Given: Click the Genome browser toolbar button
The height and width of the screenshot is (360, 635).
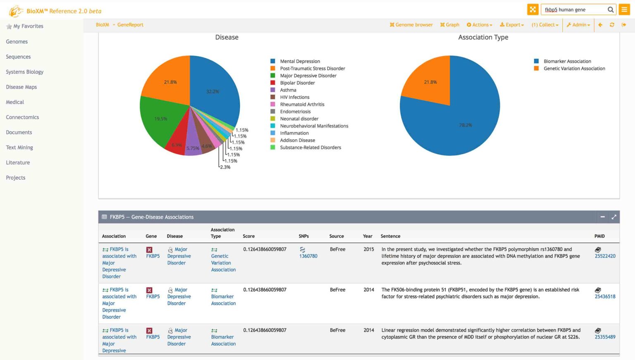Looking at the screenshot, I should coord(411,25).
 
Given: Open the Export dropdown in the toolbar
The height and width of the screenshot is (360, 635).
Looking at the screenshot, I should coord(512,25).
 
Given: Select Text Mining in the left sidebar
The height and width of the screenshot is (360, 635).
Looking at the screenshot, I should coord(19,148).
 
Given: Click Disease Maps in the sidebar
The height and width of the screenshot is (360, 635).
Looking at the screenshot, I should coord(21,87).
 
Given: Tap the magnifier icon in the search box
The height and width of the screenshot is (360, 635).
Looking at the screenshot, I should coord(610,10).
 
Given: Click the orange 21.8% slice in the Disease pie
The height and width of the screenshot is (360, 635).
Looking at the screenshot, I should coord(167,79).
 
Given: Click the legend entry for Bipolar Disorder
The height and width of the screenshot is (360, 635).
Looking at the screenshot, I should coord(297,83).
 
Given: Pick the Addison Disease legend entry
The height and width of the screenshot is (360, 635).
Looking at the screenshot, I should coord(297,141).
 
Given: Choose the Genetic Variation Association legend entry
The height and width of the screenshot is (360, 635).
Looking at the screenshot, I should coord(574,69).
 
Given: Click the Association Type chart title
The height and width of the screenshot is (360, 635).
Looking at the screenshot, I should coord(483,38).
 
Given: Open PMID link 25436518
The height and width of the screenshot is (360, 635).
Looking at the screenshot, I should coord(605,297).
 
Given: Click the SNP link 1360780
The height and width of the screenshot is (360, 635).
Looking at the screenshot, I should coord(308,256).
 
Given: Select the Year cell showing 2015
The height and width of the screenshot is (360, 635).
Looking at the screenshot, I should coord(369,250).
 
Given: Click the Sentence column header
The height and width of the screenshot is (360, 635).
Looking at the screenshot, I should coord(390,236).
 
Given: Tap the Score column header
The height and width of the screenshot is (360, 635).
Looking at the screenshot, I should coord(248,236).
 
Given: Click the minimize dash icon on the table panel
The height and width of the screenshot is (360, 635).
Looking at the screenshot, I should coord(602,217).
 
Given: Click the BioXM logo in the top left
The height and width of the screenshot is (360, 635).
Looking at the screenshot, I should coord(16,11).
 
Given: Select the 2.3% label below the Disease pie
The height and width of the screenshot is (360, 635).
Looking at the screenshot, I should coord(225,167).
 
